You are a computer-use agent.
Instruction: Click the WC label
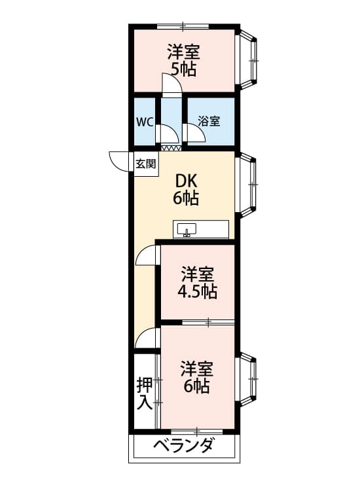click(x=144, y=122)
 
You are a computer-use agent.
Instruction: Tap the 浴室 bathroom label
click(x=209, y=121)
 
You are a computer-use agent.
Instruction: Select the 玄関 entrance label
click(x=145, y=164)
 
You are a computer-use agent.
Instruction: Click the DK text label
click(x=186, y=181)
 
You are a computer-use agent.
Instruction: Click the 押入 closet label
click(x=145, y=393)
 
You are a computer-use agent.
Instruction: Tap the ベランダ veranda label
click(x=183, y=446)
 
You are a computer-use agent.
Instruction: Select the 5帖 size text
click(x=183, y=69)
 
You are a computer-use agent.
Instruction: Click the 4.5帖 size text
click(x=198, y=291)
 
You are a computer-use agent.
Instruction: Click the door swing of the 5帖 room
click(x=170, y=84)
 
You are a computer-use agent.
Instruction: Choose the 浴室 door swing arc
click(x=194, y=134)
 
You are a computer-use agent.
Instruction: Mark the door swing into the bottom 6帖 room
click(x=148, y=338)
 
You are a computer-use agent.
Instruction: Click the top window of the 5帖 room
click(x=183, y=26)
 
